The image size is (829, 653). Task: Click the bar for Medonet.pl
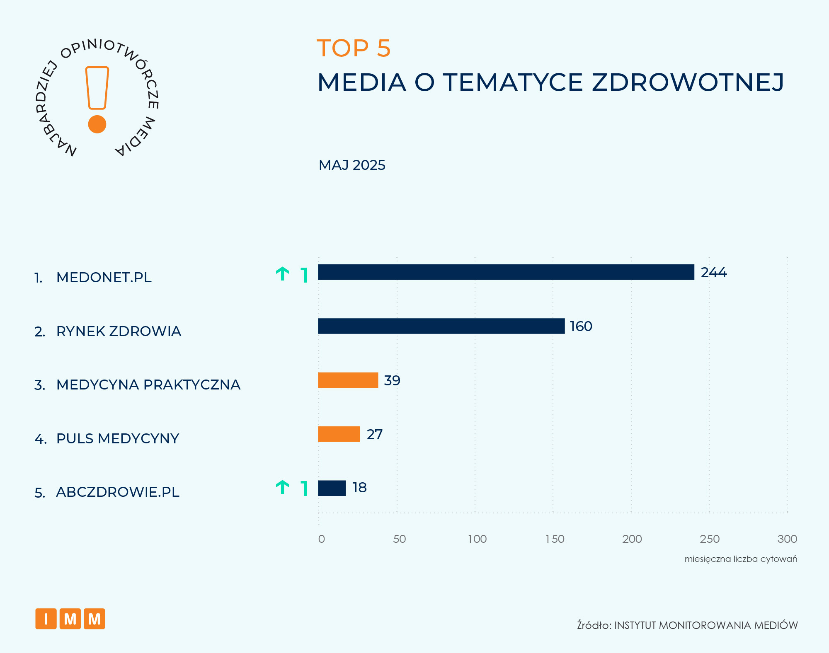506,272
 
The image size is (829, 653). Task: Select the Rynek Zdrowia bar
441,326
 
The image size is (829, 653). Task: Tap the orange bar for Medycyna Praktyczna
348,380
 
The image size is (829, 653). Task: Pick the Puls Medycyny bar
339,434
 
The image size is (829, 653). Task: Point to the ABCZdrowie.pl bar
332,488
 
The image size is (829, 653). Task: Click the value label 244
713,273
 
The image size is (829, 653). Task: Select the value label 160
581,326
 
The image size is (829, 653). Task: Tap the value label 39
392,380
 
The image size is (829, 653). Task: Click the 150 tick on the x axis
555,539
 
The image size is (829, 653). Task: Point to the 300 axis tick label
787,539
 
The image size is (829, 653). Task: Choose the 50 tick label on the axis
399,539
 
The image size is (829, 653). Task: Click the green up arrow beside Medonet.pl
283,274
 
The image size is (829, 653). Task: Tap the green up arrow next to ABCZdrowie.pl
283,487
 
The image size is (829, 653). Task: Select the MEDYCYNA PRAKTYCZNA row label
148,385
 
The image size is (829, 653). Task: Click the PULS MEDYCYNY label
117,438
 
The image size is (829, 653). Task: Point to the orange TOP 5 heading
354,48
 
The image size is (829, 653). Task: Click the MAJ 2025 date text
352,165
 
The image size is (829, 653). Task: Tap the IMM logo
70,619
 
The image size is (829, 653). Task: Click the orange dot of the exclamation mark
97,124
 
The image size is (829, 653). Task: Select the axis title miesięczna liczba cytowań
741,559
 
